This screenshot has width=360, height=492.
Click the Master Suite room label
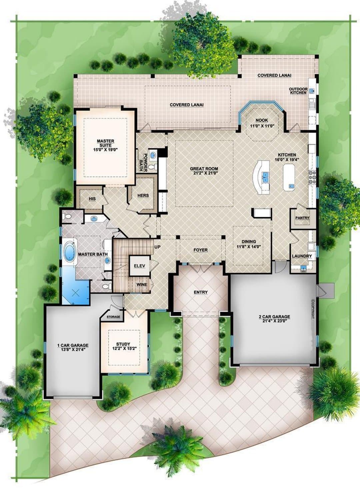pyautogui.click(x=106, y=143)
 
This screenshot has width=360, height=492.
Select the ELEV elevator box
pyautogui.click(x=140, y=266)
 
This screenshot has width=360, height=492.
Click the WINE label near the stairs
pyautogui.click(x=142, y=285)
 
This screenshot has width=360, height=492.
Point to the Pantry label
pyautogui.click(x=302, y=218)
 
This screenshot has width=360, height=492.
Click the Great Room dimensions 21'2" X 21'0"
pyautogui.click(x=204, y=172)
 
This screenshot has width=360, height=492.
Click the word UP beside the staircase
pyautogui.click(x=157, y=247)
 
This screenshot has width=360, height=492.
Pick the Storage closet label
pyautogui.click(x=113, y=317)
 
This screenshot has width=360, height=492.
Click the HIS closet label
pyautogui.click(x=92, y=199)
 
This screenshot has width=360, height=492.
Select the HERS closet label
pyautogui.click(x=143, y=195)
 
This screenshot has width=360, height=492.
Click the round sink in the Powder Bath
pyautogui.click(x=153, y=155)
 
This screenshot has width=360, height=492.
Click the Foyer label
pyautogui.click(x=201, y=250)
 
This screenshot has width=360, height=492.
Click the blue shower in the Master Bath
pyautogui.click(x=76, y=291)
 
